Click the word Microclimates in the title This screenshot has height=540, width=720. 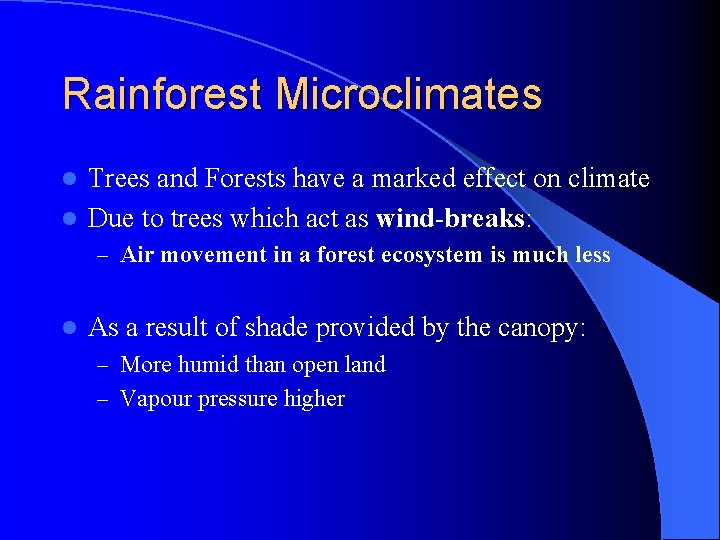[408, 94]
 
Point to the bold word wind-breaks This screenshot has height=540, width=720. [450, 218]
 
